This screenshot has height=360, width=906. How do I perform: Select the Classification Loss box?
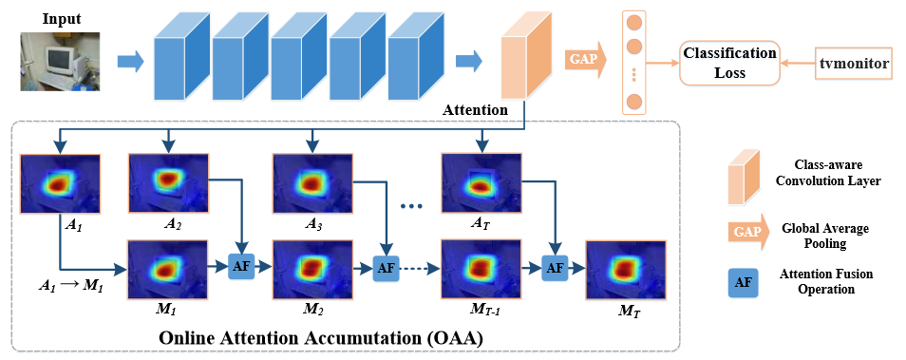pyautogui.click(x=727, y=64)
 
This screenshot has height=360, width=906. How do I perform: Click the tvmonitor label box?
pyautogui.click(x=854, y=64)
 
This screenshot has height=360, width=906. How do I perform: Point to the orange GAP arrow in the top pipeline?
pyautogui.click(x=584, y=59)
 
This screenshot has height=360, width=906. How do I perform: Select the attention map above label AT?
pyautogui.click(x=481, y=180)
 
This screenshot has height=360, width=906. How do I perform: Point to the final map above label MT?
pyautogui.click(x=625, y=268)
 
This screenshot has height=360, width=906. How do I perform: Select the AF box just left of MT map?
pyautogui.click(x=554, y=269)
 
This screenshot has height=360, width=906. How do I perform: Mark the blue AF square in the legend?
pyautogui.click(x=745, y=282)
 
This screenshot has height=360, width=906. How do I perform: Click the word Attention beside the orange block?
pyautogui.click(x=475, y=111)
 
